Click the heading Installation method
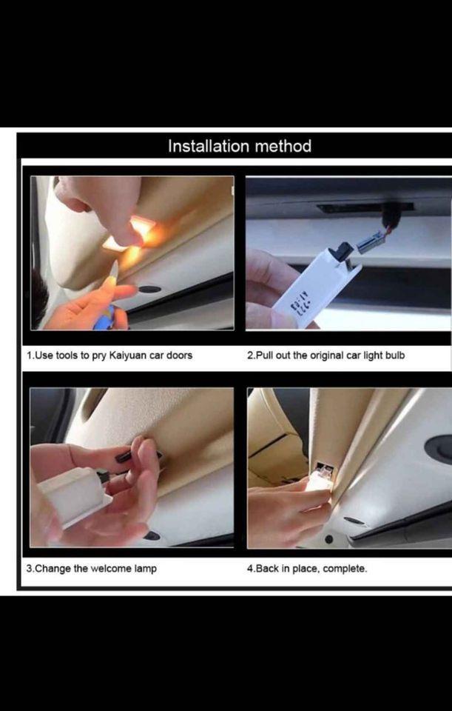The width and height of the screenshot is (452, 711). (240, 147)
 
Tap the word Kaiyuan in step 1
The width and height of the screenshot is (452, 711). (130, 355)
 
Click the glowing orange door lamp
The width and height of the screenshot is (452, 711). (132, 234)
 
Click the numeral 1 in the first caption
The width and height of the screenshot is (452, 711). (29, 355)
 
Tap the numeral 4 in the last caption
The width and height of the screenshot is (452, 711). (250, 569)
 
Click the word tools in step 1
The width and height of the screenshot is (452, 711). (67, 355)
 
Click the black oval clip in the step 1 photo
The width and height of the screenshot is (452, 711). (149, 290)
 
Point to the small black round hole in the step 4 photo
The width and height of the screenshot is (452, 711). (329, 539)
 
